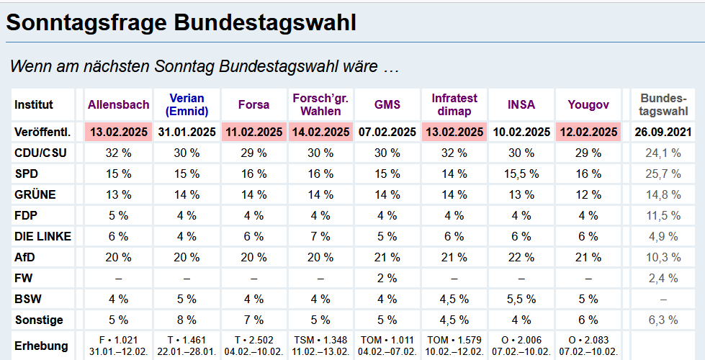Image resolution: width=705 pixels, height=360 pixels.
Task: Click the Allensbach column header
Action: pyautogui.click(x=119, y=104)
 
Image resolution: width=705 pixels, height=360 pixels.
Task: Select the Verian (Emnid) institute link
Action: pyautogui.click(x=187, y=104)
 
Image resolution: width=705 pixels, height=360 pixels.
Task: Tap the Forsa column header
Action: pyautogui.click(x=253, y=104)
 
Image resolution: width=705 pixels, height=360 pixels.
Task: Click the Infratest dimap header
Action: pyautogui.click(x=455, y=104)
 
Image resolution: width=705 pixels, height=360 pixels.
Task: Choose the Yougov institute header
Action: pyautogui.click(x=588, y=104)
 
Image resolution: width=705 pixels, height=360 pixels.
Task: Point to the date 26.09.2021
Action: pyautogui.click(x=663, y=132)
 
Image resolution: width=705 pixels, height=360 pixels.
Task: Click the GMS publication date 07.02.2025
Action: pyautogui.click(x=387, y=132)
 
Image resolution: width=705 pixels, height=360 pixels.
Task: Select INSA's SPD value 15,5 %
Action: pyautogui.click(x=521, y=174)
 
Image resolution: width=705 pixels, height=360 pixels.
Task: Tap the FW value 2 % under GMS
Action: pyautogui.click(x=387, y=278)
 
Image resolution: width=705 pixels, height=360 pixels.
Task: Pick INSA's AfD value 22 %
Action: pyautogui.click(x=521, y=257)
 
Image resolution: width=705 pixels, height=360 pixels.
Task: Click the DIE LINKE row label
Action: pyautogui.click(x=43, y=236)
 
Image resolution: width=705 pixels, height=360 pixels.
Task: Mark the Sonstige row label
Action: pyautogui.click(x=39, y=320)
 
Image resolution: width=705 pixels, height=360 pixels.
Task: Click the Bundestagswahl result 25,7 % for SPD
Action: pyautogui.click(x=663, y=174)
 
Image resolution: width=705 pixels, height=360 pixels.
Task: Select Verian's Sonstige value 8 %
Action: pyautogui.click(x=187, y=320)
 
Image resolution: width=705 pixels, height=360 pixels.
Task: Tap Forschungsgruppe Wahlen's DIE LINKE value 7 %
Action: pyautogui.click(x=320, y=236)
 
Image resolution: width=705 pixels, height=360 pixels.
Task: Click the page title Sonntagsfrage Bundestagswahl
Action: pyautogui.click(x=181, y=22)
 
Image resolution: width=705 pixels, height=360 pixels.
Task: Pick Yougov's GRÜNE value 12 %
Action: pyautogui.click(x=588, y=194)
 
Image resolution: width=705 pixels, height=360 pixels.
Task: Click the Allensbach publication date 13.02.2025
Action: pyautogui.click(x=119, y=132)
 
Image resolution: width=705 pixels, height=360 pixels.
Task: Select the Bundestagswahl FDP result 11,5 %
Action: pyautogui.click(x=663, y=215)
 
